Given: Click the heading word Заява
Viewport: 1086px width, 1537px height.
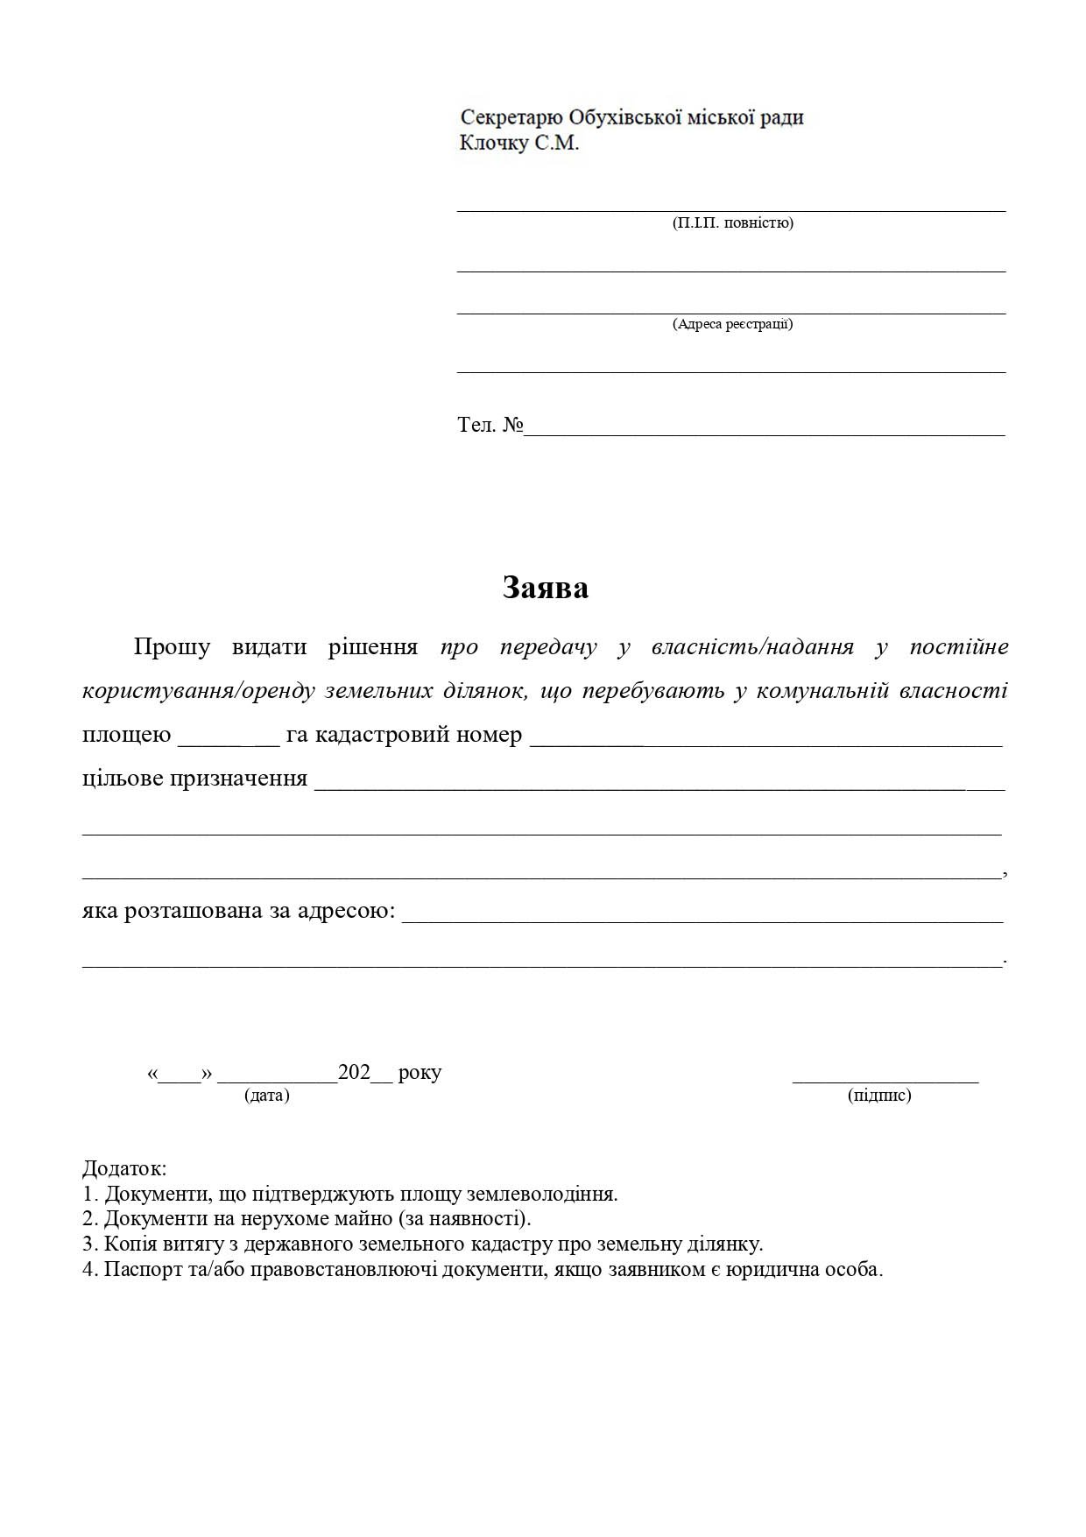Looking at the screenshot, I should [x=545, y=588].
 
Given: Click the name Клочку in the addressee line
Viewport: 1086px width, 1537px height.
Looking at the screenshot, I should [x=494, y=143].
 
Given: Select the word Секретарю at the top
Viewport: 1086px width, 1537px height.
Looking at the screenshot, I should [x=511, y=117].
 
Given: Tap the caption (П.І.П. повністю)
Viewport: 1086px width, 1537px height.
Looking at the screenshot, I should [x=732, y=223].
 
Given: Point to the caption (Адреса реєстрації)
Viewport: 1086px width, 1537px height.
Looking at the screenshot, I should [x=732, y=324].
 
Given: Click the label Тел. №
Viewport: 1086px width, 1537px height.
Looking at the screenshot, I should [x=490, y=426].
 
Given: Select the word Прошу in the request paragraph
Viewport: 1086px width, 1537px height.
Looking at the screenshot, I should [x=172, y=647].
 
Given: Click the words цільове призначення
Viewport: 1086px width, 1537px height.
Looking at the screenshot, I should [x=194, y=779].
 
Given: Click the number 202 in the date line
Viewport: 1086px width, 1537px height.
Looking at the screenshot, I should [x=354, y=1073].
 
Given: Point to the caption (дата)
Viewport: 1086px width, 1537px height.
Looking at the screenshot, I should [x=267, y=1096].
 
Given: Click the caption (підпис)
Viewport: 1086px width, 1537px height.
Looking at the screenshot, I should [x=879, y=1096].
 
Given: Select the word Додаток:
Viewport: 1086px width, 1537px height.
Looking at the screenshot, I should [x=124, y=1168].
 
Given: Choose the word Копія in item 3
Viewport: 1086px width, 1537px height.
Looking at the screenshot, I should [x=130, y=1244].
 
